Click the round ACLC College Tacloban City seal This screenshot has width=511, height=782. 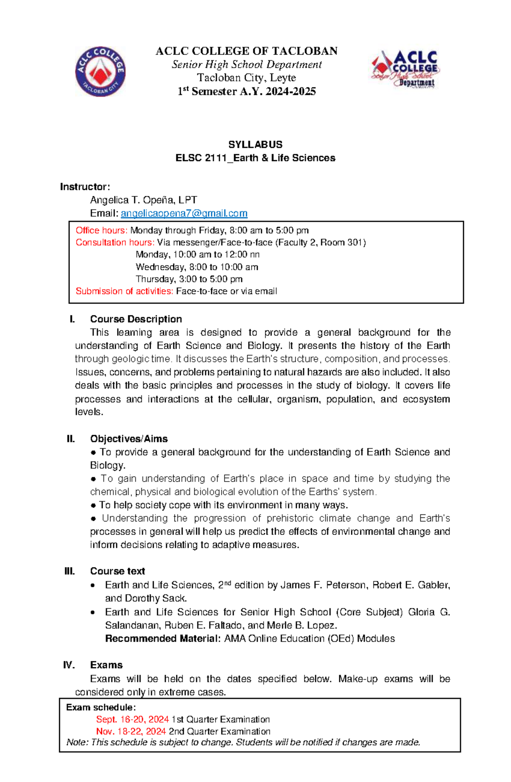click(100, 71)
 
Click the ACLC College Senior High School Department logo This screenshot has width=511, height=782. click(405, 69)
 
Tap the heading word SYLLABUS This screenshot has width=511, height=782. click(255, 144)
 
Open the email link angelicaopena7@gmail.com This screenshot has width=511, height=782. click(184, 213)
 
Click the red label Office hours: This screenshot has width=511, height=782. click(101, 231)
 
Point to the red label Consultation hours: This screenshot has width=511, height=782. click(115, 242)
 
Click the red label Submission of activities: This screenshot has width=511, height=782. click(124, 291)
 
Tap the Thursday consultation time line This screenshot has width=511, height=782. click(189, 279)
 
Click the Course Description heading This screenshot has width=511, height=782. click(136, 319)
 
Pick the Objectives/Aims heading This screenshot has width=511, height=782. click(129, 439)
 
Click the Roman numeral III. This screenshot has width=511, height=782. click(69, 571)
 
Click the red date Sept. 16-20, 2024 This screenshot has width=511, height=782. click(132, 719)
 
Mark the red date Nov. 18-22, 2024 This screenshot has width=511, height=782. click(131, 731)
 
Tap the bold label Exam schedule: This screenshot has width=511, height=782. click(101, 707)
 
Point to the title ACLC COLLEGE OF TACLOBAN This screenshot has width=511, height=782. click(246, 51)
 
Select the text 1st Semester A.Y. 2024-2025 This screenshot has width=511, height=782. click(247, 92)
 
